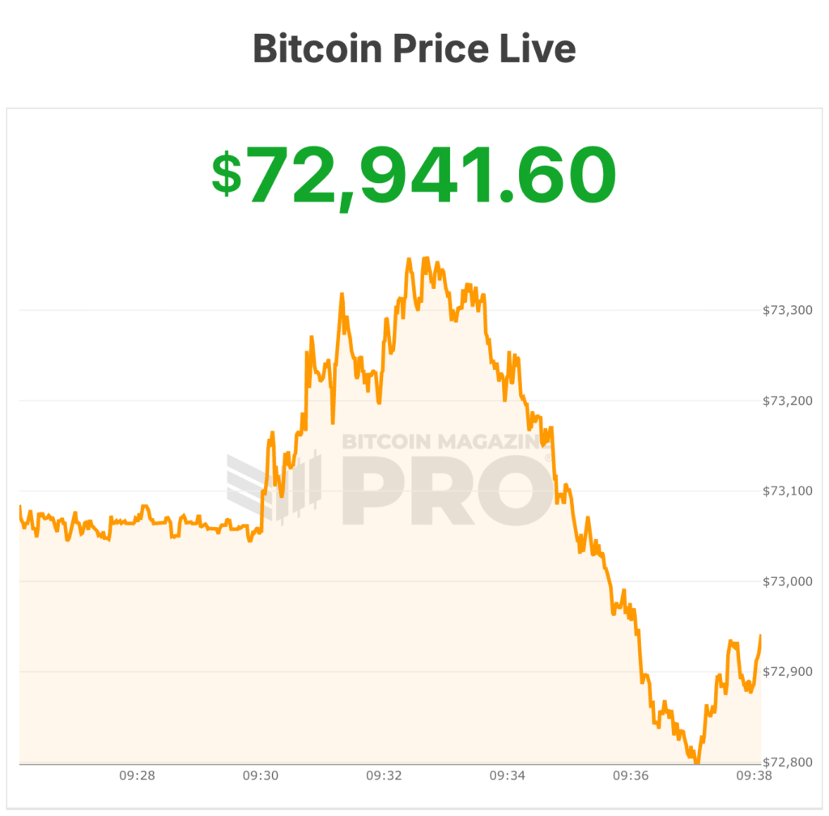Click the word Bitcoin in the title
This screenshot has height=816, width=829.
click(x=317, y=49)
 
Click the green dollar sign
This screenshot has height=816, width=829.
click(x=227, y=174)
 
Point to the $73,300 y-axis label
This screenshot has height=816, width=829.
click(x=788, y=310)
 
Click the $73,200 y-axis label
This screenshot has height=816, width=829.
click(x=788, y=401)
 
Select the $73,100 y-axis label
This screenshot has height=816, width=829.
click(x=788, y=491)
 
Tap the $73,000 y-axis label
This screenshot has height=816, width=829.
click(x=788, y=581)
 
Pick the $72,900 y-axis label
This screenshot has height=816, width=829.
click(x=788, y=672)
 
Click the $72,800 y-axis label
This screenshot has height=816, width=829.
click(x=788, y=763)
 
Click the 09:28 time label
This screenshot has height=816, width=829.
click(x=137, y=776)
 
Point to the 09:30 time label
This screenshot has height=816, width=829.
click(x=261, y=776)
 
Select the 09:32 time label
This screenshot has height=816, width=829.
click(x=384, y=776)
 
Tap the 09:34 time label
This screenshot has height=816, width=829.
click(x=508, y=776)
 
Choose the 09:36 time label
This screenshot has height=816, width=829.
click(x=631, y=776)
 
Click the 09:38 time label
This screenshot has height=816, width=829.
click(x=754, y=776)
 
